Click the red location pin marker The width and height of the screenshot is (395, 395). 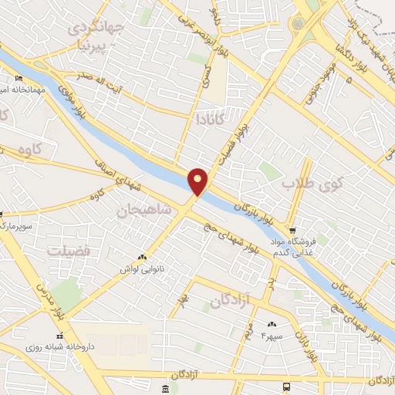point(198,181)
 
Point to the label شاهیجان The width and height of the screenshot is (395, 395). point(141,209)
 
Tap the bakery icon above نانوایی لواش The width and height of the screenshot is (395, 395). point(141,257)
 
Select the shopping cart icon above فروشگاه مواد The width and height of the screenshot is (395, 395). point(292,230)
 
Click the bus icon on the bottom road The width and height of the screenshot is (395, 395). point(287,386)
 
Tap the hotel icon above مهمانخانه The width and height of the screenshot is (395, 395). point(19,79)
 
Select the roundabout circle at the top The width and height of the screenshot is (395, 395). point(297,23)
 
